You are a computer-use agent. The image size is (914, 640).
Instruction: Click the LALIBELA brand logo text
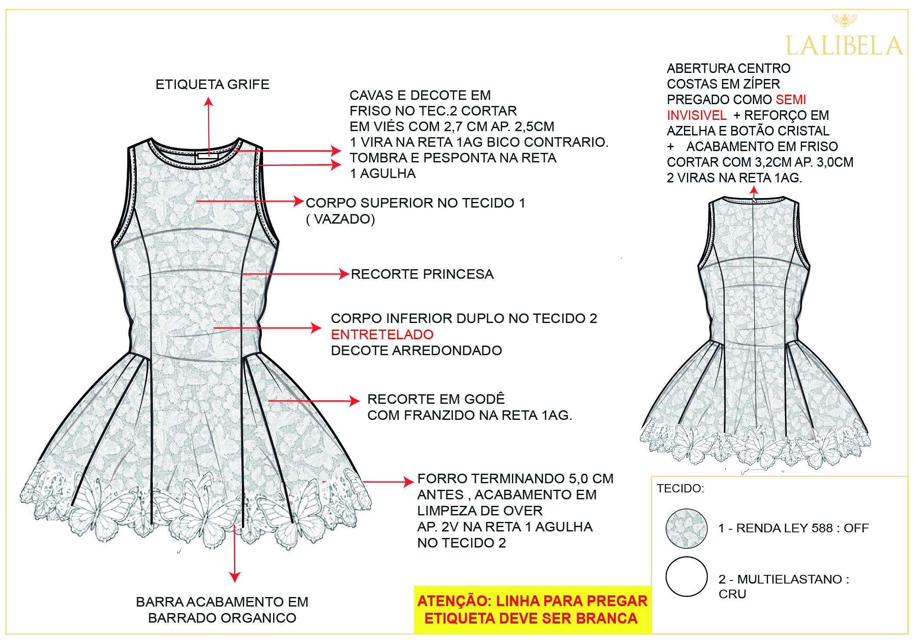[x=844, y=46]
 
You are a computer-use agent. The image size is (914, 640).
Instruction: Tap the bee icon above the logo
[x=845, y=20]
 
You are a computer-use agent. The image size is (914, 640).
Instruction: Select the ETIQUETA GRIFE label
[x=212, y=84]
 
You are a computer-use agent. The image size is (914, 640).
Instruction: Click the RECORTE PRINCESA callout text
[x=422, y=274]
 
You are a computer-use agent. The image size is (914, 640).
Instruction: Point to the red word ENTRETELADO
[x=382, y=334]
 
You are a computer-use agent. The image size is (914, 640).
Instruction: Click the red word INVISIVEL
[x=696, y=115]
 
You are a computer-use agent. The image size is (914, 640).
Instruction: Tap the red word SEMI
[x=791, y=99]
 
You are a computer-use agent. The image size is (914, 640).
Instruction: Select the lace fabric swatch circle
[x=686, y=528]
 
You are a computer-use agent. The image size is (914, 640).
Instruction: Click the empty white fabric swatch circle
[x=686, y=577]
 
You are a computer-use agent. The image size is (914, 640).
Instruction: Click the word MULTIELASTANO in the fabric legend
[x=790, y=579]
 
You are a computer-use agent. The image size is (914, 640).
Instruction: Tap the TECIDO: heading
[x=680, y=488]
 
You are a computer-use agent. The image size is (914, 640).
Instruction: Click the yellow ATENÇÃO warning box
[x=532, y=610]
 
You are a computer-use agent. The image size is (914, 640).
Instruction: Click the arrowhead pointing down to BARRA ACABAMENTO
[x=234, y=577]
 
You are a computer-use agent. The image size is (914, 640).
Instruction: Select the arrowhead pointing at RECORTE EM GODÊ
[x=355, y=401]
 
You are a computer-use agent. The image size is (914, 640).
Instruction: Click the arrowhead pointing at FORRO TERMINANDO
[x=409, y=482]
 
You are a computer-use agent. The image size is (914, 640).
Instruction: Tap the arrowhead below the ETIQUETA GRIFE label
[x=208, y=102]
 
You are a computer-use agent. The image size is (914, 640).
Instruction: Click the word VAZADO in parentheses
[x=344, y=219]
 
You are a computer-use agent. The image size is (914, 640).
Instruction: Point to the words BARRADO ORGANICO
[x=222, y=618]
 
